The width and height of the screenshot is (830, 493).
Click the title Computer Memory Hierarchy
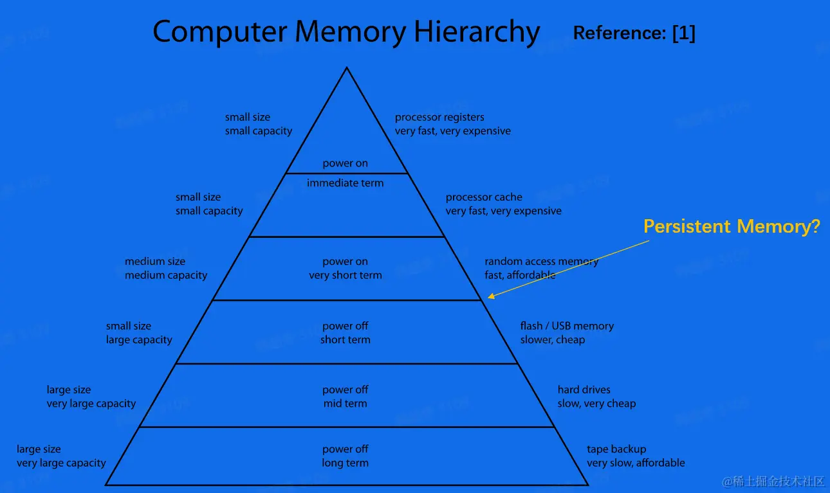[x=346, y=31]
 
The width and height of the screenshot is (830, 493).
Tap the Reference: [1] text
[x=634, y=33]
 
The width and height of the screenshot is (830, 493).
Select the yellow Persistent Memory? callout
[x=732, y=226]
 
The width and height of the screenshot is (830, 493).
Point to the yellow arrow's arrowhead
[x=490, y=297]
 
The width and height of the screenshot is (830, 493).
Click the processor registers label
[x=439, y=117]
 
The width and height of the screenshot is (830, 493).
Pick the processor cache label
[x=484, y=197]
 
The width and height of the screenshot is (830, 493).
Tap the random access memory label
[x=541, y=261]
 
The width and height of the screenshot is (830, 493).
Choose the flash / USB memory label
[x=567, y=326]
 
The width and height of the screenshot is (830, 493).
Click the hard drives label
[x=584, y=390]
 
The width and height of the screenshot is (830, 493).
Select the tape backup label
[x=616, y=449]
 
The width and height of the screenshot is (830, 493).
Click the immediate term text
[x=345, y=183]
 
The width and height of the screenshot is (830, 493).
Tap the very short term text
[x=345, y=275]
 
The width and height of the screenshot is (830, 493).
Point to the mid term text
[x=345, y=404]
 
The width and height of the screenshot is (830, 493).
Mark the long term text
[x=345, y=463]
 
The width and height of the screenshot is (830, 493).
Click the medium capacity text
[x=166, y=275]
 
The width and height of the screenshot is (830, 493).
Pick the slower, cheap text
[x=553, y=339]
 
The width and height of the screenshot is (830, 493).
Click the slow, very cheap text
[x=596, y=404]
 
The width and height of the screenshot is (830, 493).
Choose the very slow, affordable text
[x=636, y=463]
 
